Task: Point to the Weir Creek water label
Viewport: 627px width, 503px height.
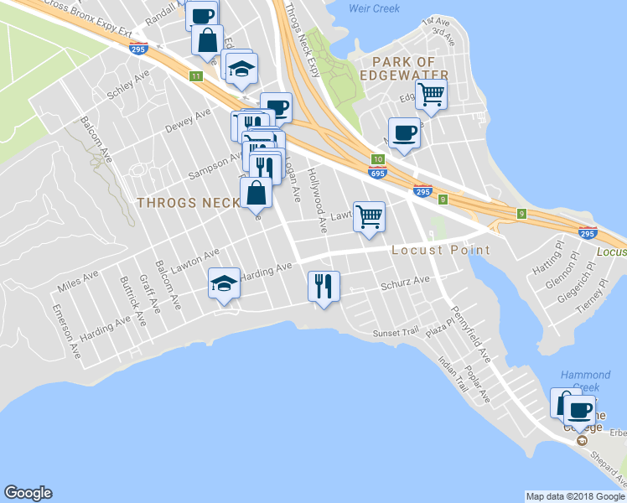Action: click(x=373, y=8)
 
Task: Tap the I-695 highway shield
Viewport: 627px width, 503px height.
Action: click(x=377, y=172)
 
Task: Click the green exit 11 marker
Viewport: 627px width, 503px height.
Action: click(x=195, y=76)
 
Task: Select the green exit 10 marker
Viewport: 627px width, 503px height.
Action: click(x=377, y=159)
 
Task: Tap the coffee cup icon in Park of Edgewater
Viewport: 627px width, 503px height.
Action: click(x=405, y=132)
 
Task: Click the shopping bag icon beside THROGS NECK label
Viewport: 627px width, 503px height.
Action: click(x=256, y=193)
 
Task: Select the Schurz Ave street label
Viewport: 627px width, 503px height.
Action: click(x=405, y=283)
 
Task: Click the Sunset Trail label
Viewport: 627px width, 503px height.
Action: click(x=395, y=333)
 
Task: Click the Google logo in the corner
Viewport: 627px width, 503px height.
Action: click(x=28, y=493)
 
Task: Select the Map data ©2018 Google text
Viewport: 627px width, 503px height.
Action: click(x=574, y=496)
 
